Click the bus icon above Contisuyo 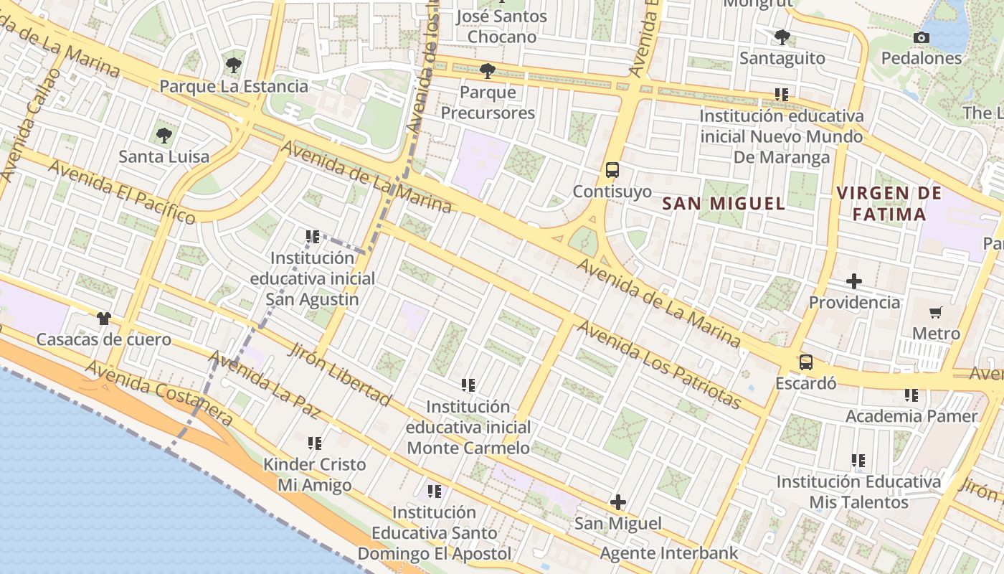coord(612,170)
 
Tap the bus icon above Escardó coord(806,362)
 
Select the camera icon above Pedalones coord(922,37)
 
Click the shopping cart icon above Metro coord(935,312)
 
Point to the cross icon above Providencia coord(853,281)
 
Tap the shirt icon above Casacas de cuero coord(104,318)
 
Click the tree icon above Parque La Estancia coord(233,65)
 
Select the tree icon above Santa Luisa coord(164,135)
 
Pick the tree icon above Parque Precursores coord(488,71)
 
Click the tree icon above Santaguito coord(782,37)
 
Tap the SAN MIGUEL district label coord(724,204)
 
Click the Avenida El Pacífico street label coord(122,192)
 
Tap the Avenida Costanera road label coord(159,394)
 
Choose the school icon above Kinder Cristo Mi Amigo coord(314,443)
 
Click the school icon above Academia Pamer coord(911,395)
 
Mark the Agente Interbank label coord(668,553)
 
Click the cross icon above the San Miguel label coord(617,502)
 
